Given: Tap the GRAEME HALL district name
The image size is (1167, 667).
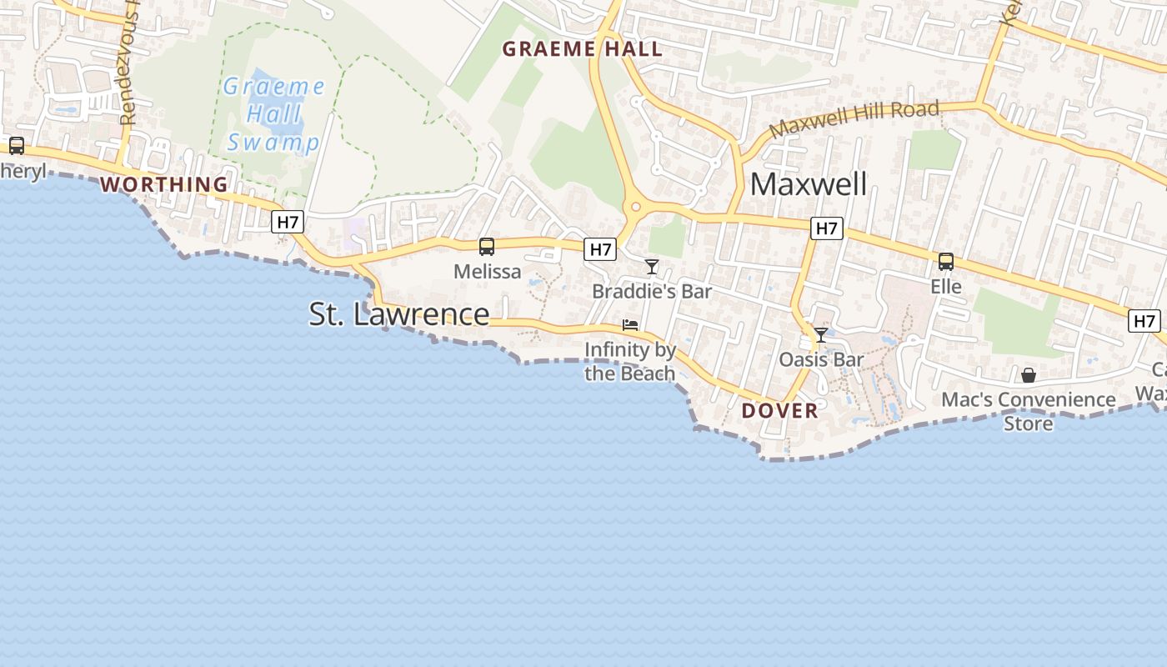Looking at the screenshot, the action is pyautogui.click(x=582, y=49).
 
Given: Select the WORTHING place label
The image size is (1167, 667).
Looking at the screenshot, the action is pyautogui.click(x=164, y=184).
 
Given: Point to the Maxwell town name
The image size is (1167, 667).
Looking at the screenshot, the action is pyautogui.click(x=809, y=184).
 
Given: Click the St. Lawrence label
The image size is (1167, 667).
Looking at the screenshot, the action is pyautogui.click(x=399, y=314).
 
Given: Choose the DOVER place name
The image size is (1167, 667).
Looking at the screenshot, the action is pyautogui.click(x=779, y=410).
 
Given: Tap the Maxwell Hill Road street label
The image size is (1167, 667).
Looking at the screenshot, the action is pyautogui.click(x=854, y=119).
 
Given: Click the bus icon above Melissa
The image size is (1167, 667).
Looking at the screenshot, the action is pyautogui.click(x=487, y=247).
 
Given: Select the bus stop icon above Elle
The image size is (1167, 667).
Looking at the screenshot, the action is pyautogui.click(x=946, y=262).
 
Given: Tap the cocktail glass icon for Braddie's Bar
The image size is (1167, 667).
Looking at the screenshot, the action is pyautogui.click(x=652, y=267).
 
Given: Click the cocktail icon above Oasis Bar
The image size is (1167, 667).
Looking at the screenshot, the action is pyautogui.click(x=821, y=335).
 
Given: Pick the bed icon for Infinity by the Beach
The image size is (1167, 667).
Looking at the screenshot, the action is pyautogui.click(x=630, y=324).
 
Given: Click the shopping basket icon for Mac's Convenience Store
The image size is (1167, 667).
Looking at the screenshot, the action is pyautogui.click(x=1029, y=375).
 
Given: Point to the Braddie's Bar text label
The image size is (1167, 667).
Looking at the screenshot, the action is pyautogui.click(x=652, y=291).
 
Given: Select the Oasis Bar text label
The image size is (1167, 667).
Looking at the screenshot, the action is pyautogui.click(x=821, y=359).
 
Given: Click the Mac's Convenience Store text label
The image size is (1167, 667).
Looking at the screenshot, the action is pyautogui.click(x=1028, y=411).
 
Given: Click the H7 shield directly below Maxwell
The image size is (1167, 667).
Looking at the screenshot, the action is pyautogui.click(x=826, y=228).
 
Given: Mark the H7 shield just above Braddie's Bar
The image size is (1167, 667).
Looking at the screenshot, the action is pyautogui.click(x=599, y=248).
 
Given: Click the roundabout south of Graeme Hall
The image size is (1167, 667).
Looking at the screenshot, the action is pyautogui.click(x=636, y=206).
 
